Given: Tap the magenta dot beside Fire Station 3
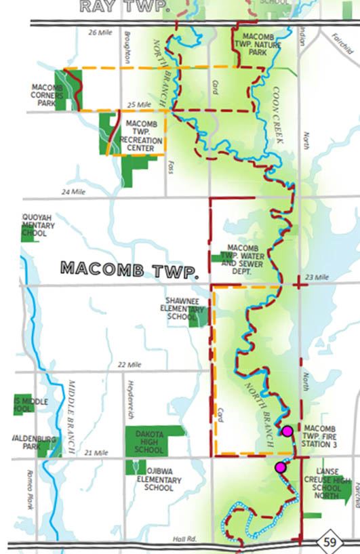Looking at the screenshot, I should (x=287, y=431).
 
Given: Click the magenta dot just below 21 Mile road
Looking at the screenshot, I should (x=280, y=467).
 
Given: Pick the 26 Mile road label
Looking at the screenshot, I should (x=99, y=33).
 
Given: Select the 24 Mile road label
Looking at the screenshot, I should (x=75, y=192).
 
